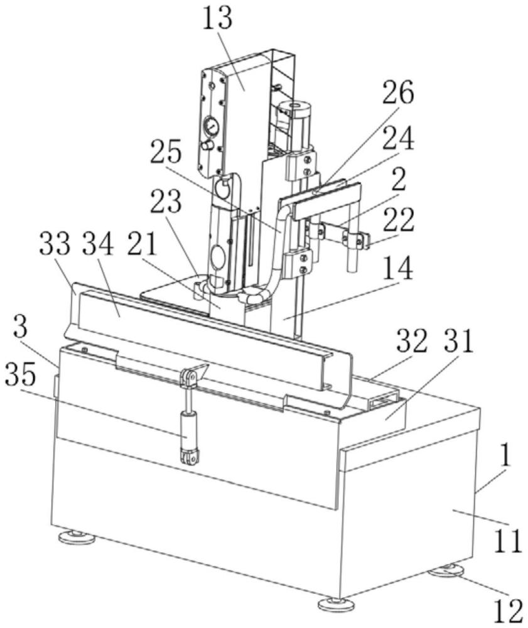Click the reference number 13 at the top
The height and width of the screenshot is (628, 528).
point(217,19)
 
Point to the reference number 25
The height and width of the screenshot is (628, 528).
point(166,151)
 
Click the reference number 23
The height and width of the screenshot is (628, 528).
point(166,202)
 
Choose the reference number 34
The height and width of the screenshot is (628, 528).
point(97,244)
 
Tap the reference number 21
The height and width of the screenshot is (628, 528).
point(141,244)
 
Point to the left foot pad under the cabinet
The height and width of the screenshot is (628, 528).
point(76,537)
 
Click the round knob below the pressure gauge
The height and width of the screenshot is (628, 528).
point(207,146)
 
